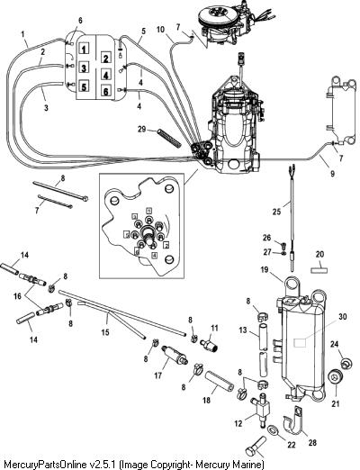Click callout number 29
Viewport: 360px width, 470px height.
tap(141, 129)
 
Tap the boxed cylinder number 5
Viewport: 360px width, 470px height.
tap(85, 86)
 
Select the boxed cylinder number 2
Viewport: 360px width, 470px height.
tap(105, 59)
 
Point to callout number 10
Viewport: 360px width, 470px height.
tap(161, 30)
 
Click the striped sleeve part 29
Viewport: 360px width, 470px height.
tap(169, 138)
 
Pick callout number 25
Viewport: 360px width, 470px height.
tap(276, 212)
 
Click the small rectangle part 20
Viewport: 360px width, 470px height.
tap(319, 270)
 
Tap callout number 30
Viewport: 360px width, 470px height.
tap(343, 317)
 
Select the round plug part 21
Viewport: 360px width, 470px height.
tap(335, 377)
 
